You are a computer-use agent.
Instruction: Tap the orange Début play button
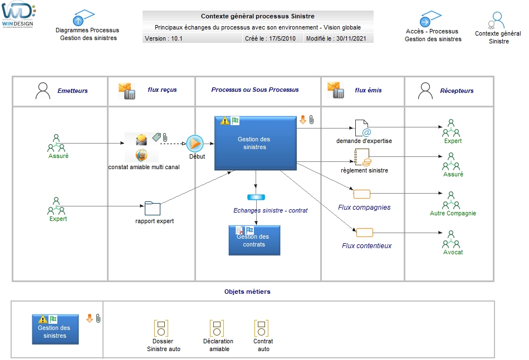click(195, 144)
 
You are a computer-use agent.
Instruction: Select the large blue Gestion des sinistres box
click(255, 143)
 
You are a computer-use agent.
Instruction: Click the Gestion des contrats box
click(254, 240)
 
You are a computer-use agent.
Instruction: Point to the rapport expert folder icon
click(152, 209)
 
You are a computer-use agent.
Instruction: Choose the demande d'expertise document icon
click(363, 128)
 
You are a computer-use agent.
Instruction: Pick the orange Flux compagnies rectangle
click(361, 194)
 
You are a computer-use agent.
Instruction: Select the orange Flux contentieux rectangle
click(365, 232)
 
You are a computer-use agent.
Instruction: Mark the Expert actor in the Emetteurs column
click(56, 206)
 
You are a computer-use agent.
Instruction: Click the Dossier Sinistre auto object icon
click(161, 328)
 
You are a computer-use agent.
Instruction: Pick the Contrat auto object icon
click(262, 328)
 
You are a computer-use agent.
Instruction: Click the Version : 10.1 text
click(164, 39)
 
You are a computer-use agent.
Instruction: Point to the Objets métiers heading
click(247, 291)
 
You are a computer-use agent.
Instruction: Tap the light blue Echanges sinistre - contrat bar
click(255, 198)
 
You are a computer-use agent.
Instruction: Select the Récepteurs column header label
click(457, 91)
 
